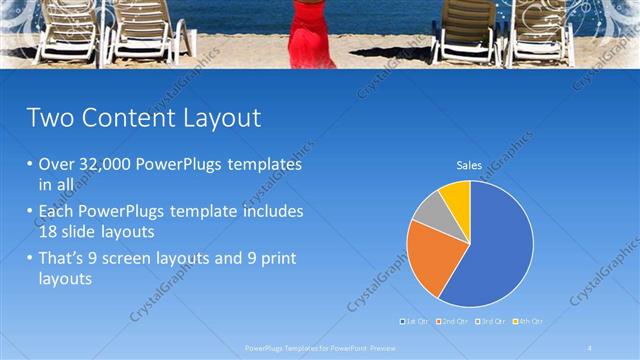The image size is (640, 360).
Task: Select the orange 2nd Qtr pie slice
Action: pos(428,254)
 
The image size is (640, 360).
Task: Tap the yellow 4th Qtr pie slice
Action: pos(456,195)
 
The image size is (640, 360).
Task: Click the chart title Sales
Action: pos(469,164)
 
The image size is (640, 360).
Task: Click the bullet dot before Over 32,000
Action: pos(29,164)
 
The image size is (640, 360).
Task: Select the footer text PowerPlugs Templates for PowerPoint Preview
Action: pos(320,347)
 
